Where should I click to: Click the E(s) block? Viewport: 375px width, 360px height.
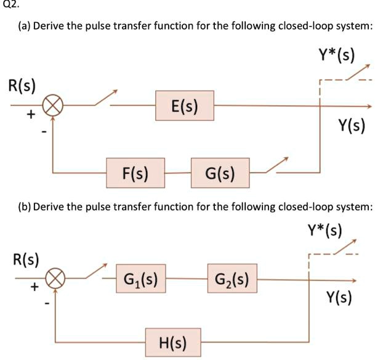184,106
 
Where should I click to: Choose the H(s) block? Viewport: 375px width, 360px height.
175,342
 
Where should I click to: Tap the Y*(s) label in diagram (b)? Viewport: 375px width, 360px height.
326,231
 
